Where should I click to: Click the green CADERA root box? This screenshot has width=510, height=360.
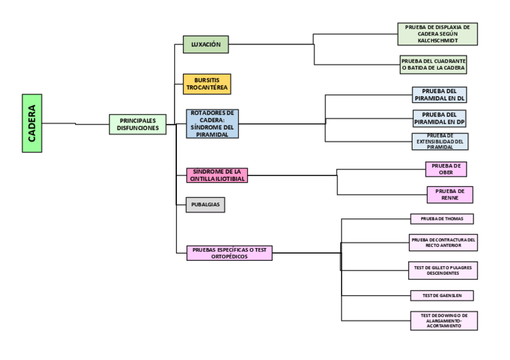32,123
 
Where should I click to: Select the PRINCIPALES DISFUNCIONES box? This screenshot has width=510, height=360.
138,124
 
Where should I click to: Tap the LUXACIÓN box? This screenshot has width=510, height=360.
206,44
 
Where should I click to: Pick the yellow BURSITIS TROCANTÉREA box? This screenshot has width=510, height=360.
207,84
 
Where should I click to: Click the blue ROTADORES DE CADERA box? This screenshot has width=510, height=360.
212,124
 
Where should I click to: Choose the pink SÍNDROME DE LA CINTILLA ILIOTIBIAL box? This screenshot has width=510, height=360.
217,175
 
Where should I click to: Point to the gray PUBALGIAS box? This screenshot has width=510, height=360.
205,205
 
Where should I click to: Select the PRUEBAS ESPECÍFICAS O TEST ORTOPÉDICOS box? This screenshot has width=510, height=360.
229,253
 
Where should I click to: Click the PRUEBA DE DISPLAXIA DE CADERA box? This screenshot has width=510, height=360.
437,34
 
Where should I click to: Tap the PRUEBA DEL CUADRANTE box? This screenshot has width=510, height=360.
433,65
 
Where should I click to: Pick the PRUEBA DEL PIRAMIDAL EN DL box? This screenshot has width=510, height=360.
440,95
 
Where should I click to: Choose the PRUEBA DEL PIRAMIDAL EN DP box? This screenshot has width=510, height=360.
440,118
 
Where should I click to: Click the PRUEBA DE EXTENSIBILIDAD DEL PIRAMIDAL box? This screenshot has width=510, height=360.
440,142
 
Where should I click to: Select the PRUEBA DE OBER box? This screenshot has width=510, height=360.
446,169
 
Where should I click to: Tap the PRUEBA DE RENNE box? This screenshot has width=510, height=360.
449,195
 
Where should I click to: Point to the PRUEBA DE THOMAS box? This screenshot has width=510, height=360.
441,219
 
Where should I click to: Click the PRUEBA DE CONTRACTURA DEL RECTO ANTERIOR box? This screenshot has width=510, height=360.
443,242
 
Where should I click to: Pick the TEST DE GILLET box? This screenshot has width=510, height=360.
443,270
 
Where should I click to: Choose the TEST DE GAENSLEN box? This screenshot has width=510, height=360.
441,296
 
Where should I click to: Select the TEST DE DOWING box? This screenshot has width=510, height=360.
444,321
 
